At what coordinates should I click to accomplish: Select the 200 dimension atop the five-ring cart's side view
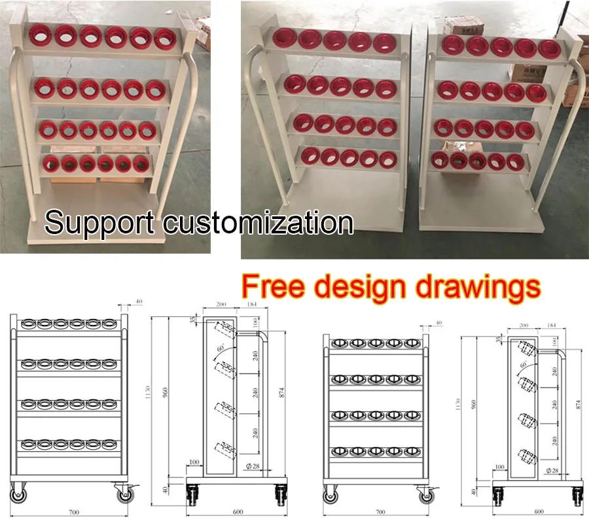(524, 325)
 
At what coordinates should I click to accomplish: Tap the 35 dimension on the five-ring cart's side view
(499, 339)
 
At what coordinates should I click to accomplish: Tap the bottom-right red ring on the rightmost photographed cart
(516, 160)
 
